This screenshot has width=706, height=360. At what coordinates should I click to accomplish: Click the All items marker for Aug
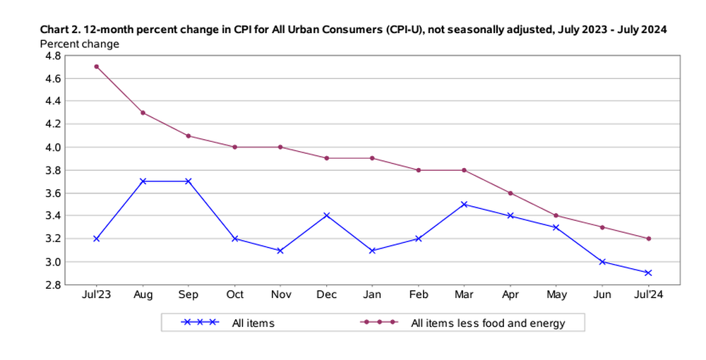[x=143, y=181]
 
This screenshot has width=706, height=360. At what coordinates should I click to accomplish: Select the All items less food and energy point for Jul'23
[x=96, y=66]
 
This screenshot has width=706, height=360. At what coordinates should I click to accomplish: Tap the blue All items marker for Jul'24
[x=648, y=272]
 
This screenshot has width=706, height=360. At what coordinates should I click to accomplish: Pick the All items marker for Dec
[x=326, y=215]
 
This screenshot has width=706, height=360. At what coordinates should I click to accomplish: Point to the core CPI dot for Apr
[x=510, y=193]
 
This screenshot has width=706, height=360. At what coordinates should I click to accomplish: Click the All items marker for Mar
[x=465, y=204]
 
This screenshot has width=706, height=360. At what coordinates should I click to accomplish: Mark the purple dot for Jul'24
[x=648, y=239]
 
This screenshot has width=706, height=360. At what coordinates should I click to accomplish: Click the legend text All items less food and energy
[x=488, y=323]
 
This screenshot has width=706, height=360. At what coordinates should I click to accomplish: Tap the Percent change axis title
[x=80, y=44]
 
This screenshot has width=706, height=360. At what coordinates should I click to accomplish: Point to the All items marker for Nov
[x=280, y=250]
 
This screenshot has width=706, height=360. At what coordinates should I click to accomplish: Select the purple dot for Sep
[x=189, y=136]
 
